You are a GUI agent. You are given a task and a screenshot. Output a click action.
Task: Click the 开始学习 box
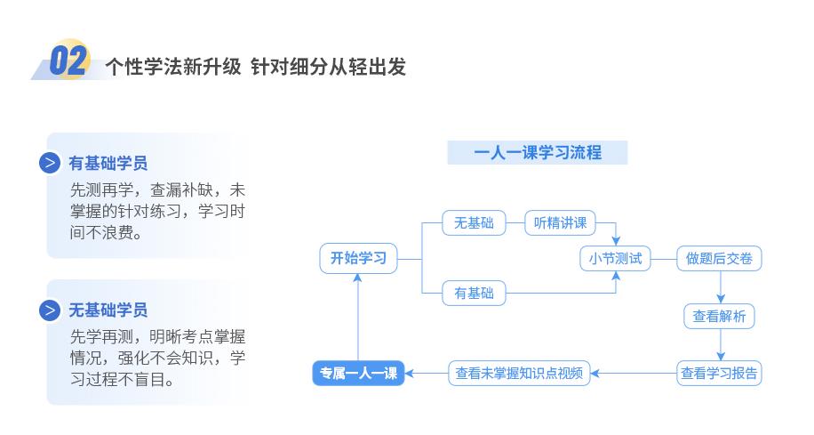pyautogui.click(x=358, y=258)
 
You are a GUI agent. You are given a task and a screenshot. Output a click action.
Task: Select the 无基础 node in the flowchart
pyautogui.click(x=474, y=223)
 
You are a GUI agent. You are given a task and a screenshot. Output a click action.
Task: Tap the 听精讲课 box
pyautogui.click(x=560, y=223)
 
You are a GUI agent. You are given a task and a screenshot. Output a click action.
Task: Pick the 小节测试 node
pyautogui.click(x=615, y=258)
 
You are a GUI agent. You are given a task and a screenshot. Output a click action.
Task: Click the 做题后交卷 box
pyautogui.click(x=719, y=258)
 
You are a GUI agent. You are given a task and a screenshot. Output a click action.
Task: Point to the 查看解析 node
pyautogui.click(x=719, y=316)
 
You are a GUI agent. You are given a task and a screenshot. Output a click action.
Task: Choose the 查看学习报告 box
pyautogui.click(x=719, y=373)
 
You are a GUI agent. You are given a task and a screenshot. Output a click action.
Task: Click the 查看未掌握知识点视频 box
pyautogui.click(x=519, y=373)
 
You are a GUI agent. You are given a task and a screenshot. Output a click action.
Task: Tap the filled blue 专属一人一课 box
pyautogui.click(x=358, y=373)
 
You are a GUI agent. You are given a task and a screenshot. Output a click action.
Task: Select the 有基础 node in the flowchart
pyautogui.click(x=474, y=294)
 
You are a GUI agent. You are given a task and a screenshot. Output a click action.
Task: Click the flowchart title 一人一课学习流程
pyautogui.click(x=538, y=152)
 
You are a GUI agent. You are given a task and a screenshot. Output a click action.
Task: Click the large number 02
pyautogui.click(x=68, y=60)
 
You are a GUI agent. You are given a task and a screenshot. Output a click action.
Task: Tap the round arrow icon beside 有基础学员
pyautogui.click(x=50, y=163)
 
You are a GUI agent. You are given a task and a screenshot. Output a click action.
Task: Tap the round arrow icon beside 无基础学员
pyautogui.click(x=50, y=310)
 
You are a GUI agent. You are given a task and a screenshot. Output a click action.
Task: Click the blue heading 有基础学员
pyautogui.click(x=108, y=163)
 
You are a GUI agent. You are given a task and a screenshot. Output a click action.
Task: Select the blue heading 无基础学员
pyautogui.click(x=108, y=310)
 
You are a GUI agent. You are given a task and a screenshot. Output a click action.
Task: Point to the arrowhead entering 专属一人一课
pyautogui.click(x=409, y=373)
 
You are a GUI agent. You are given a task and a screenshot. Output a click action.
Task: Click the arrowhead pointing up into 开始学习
pyautogui.click(x=358, y=278)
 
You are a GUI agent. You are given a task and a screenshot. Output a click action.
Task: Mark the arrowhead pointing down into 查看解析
pyautogui.click(x=721, y=299)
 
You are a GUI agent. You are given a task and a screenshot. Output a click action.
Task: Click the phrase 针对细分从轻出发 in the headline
pyautogui.click(x=328, y=67)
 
